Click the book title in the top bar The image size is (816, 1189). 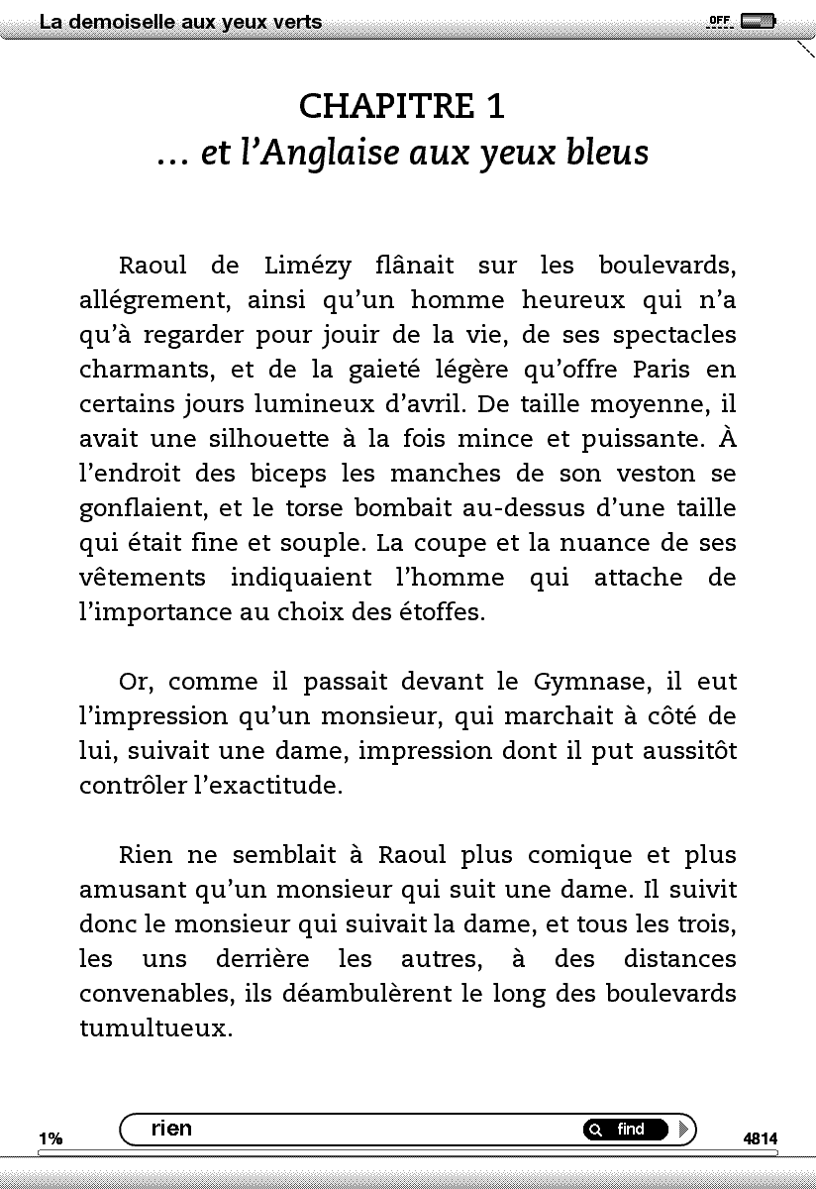tap(180, 22)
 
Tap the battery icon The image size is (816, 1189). tap(758, 21)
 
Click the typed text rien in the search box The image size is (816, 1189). tap(172, 1129)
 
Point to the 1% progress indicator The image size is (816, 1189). tap(51, 1139)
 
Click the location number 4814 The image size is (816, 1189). tap(761, 1139)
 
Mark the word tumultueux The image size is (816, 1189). tap(155, 1028)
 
